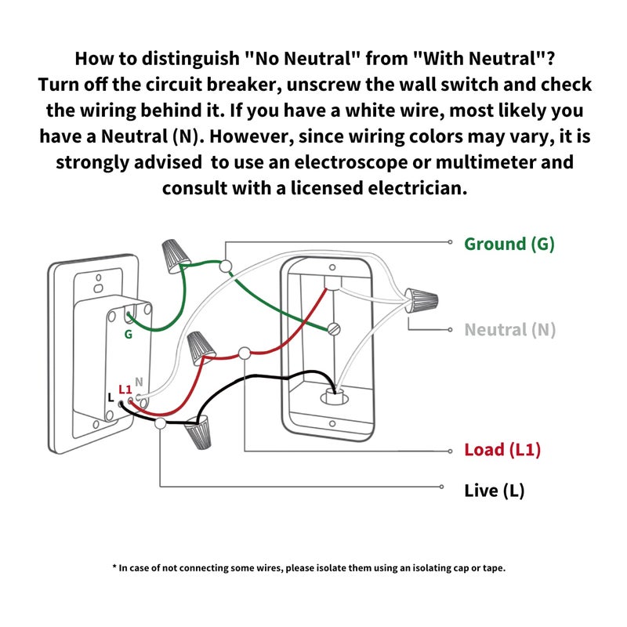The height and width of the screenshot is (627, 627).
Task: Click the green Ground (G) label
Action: pyautogui.click(x=509, y=244)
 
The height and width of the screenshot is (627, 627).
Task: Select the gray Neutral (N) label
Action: pyautogui.click(x=510, y=330)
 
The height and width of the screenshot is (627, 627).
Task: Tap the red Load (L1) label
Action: pyautogui.click(x=502, y=450)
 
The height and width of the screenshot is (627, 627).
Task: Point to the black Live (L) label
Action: pyautogui.click(x=495, y=491)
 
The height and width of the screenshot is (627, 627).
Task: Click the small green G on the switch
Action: pyautogui.click(x=127, y=335)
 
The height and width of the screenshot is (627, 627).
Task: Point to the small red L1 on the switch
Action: pyautogui.click(x=125, y=389)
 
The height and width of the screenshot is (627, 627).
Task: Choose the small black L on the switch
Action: pyautogui.click(x=110, y=398)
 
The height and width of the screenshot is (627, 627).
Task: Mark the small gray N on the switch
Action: pyautogui.click(x=139, y=382)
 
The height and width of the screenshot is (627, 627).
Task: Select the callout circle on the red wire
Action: pyautogui.click(x=245, y=353)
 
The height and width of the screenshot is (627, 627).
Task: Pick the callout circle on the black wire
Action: pyautogui.click(x=161, y=424)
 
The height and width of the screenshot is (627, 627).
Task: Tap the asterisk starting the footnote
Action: pyautogui.click(x=114, y=567)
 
